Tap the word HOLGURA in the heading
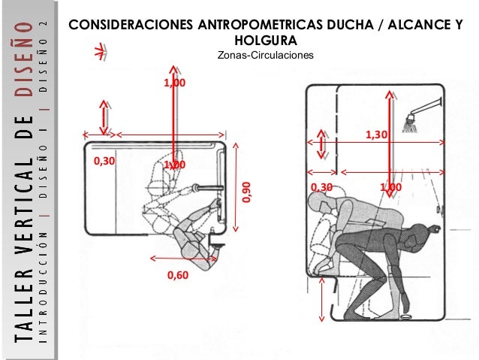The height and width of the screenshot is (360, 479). (266, 41)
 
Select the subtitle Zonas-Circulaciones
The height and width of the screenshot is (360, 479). (266, 55)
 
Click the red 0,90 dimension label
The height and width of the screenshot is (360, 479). (246, 192)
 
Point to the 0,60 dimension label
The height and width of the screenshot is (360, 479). (178, 275)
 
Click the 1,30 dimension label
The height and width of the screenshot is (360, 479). (376, 135)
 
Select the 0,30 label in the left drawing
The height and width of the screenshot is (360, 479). (104, 161)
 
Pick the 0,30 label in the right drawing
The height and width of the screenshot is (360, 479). (321, 187)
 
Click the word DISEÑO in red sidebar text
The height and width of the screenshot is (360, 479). (25, 59)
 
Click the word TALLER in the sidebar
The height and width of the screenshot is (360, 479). (25, 305)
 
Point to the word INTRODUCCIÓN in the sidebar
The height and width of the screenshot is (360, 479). (44, 286)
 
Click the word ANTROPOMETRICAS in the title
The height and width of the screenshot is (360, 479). (260, 25)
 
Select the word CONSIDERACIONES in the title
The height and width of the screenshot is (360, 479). (131, 25)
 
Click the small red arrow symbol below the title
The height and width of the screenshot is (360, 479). (101, 52)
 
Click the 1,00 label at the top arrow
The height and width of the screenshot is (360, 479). (175, 83)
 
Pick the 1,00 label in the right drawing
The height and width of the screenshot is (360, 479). (390, 187)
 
